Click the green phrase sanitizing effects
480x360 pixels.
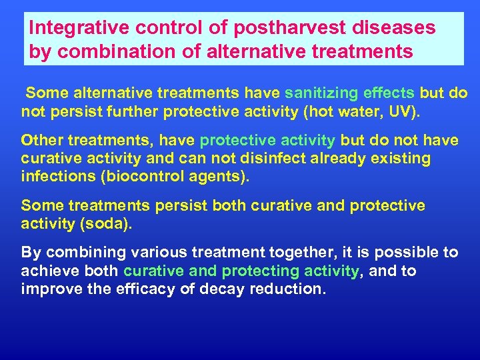coord(349,93)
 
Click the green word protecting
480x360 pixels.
coord(261,271)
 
